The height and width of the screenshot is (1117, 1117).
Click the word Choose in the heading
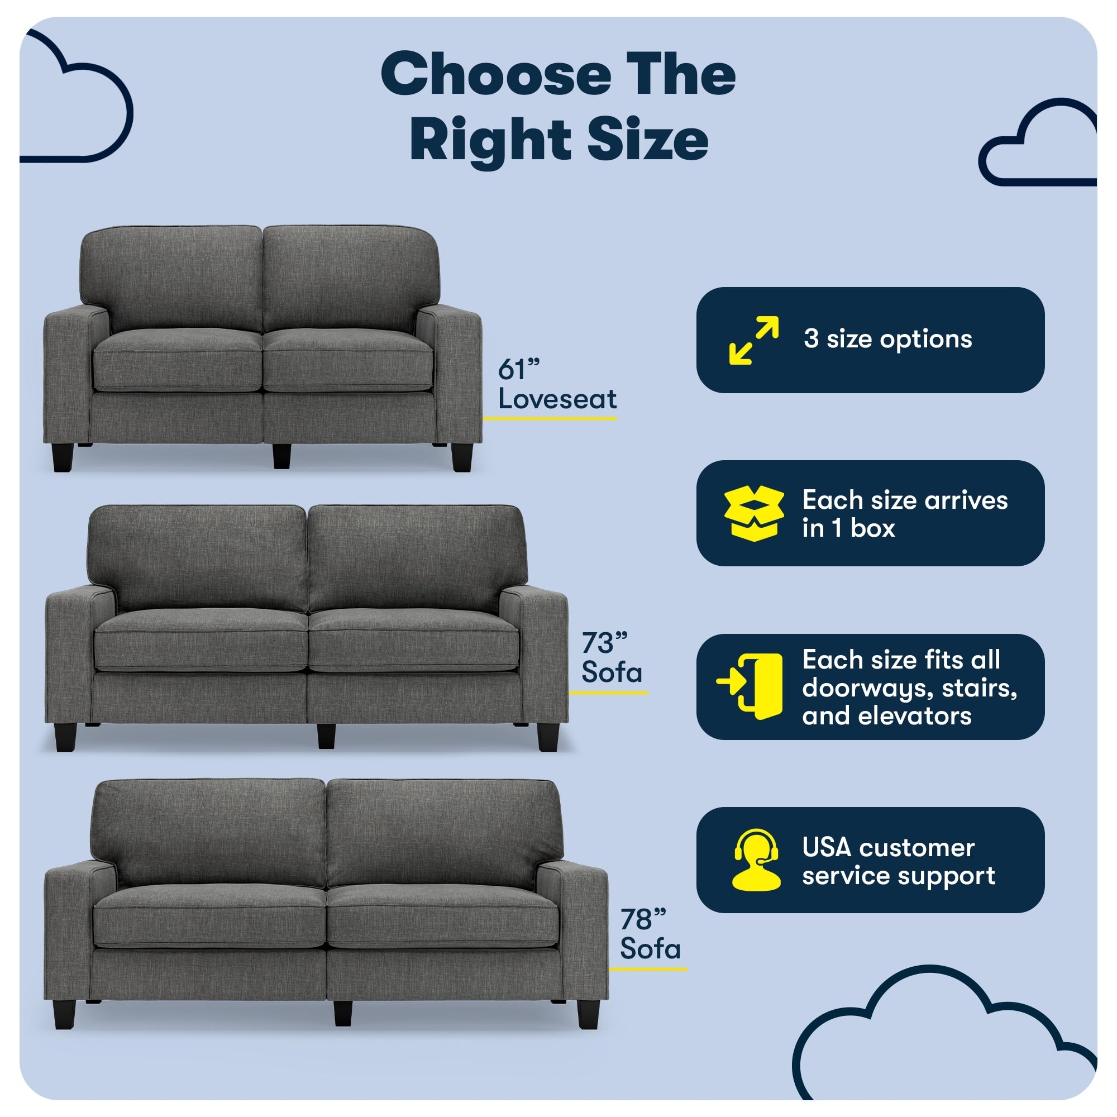click(496, 75)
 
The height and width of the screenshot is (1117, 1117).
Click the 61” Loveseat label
click(557, 384)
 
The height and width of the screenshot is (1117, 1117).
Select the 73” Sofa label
click(612, 657)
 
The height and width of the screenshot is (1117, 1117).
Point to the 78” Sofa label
click(651, 935)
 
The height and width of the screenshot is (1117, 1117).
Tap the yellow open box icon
click(754, 513)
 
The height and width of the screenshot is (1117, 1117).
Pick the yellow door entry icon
click(750, 686)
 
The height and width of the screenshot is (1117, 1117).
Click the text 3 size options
click(887, 339)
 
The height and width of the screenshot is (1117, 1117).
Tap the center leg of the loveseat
click(281, 456)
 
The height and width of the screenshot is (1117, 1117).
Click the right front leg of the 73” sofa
click(547, 737)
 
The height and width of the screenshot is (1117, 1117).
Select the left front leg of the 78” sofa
click(65, 1015)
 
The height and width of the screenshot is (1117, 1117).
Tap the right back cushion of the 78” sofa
click(444, 833)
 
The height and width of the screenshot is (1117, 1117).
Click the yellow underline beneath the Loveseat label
click(550, 417)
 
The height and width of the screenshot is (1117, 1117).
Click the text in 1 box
click(848, 528)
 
